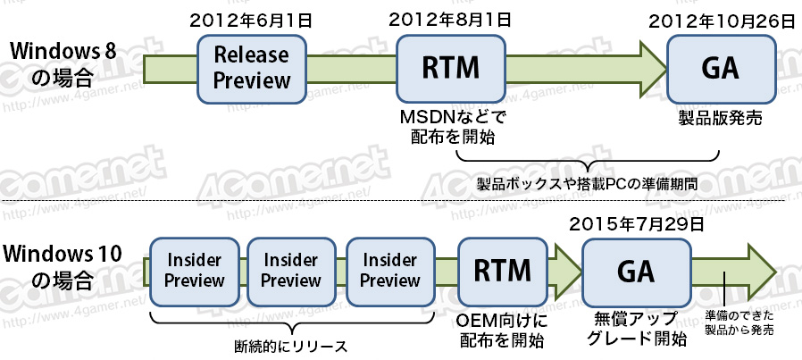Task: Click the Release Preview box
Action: pos(252,68)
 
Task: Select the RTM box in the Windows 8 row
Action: pos(451,68)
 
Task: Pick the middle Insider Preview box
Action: pos(291,269)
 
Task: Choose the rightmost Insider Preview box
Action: pos(389,269)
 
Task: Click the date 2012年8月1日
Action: pos(449,19)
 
